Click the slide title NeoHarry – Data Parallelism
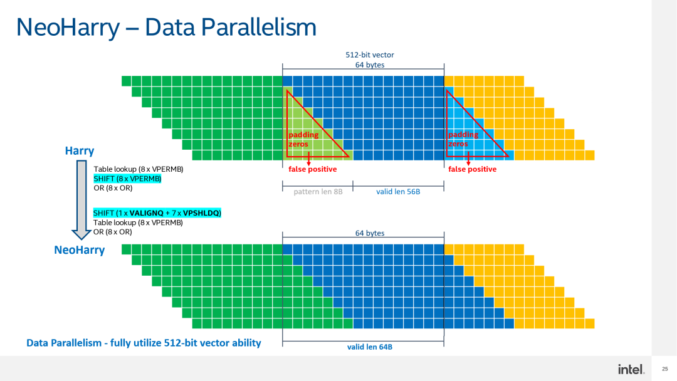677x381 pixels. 166,27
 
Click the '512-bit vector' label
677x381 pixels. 370,55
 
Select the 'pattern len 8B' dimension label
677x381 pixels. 318,191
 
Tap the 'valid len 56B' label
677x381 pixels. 398,191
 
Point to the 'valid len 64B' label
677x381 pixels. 370,347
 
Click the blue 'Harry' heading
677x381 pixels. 80,150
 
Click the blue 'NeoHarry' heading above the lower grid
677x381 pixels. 80,250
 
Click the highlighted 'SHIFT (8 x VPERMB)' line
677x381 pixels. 127,179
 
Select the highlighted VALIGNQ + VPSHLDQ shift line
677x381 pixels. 157,213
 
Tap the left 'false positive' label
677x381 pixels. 312,169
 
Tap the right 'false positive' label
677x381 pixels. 472,169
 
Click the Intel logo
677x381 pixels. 631,369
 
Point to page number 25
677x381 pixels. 664,369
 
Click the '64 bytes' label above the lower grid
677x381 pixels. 370,233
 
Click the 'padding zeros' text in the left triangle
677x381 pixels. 303,139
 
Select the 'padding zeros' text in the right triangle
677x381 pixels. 463,139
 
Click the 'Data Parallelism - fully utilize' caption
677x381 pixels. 144,343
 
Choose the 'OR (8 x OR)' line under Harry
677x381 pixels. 113,188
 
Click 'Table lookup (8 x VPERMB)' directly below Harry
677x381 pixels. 138,169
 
